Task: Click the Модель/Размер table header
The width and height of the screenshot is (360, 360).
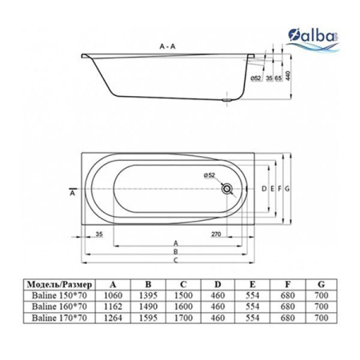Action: pos(59,283)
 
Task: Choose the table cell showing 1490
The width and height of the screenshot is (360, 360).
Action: pos(148,306)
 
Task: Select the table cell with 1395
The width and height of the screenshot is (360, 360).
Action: pos(148,294)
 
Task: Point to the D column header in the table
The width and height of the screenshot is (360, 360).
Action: pos(218,283)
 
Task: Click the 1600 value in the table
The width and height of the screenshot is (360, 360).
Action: pos(183,306)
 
